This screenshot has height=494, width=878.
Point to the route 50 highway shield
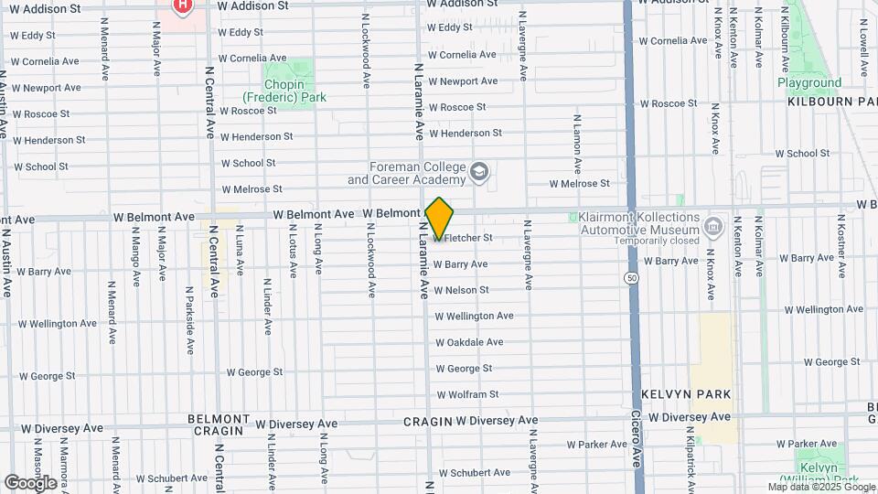point(631,277)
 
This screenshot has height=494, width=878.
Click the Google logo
point(30,482)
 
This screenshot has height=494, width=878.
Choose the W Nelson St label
point(461,290)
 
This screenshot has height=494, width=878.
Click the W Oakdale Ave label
point(469,342)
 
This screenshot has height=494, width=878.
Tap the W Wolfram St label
point(467,394)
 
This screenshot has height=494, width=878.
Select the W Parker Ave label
point(595,445)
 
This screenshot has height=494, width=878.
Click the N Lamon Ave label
point(577,145)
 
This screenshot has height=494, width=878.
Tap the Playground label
point(809,82)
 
